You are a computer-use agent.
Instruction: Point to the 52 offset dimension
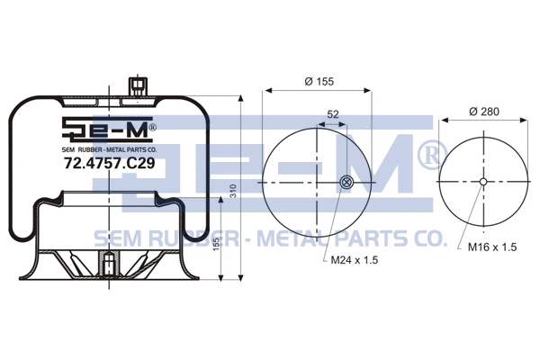pyautogui.click(x=333, y=114)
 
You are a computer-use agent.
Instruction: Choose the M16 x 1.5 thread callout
pyautogui.click(x=491, y=247)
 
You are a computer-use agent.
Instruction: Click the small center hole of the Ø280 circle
pyautogui.click(x=483, y=183)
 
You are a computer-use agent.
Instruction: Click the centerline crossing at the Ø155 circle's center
pyautogui.click(x=319, y=184)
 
